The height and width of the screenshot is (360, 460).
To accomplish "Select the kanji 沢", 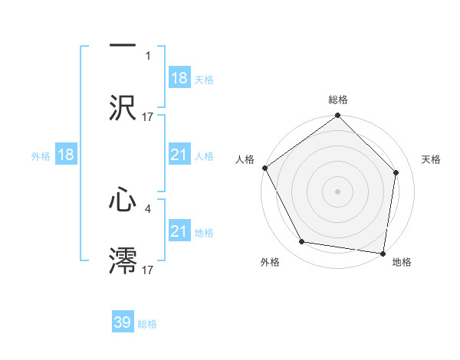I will tap(123, 107).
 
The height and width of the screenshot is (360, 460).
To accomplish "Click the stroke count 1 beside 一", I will tap(148, 56).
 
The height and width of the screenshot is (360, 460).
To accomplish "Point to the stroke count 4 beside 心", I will tap(148, 208).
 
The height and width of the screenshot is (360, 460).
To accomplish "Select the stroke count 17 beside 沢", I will tap(148, 116).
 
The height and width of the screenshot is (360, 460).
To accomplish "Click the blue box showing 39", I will tap(123, 322).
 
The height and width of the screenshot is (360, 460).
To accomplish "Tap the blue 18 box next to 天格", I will tap(179, 78).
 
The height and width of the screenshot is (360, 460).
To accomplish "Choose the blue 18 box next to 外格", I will tap(66, 155).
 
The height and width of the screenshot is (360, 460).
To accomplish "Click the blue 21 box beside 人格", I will tap(179, 155).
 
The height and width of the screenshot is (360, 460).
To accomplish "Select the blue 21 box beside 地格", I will tap(179, 231).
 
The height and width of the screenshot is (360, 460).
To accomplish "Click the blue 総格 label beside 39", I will tap(147, 324).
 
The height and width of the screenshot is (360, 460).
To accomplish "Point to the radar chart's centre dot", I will tap(337, 191).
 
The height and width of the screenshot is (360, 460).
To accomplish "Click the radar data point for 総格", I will tap(337, 116).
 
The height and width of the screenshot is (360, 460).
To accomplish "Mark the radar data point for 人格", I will tap(264, 168).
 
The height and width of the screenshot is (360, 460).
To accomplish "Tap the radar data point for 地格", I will tap(383, 253).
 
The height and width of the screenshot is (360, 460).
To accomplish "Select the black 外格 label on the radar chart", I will tap(270, 263).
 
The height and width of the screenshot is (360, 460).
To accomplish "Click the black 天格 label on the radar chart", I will tap(432, 159).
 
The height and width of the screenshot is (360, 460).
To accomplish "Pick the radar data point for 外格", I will tap(302, 242).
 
